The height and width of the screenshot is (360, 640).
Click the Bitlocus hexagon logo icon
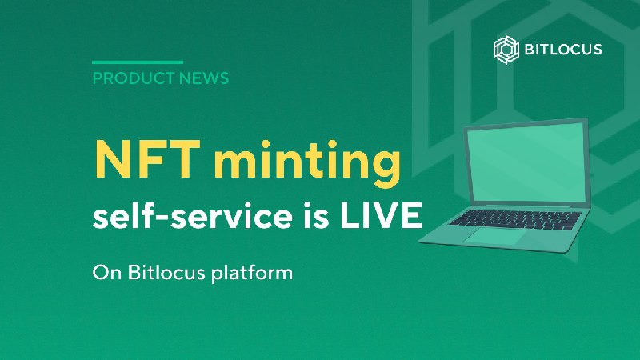click(x=506, y=50)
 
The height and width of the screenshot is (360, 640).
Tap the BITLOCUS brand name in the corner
click(x=563, y=50)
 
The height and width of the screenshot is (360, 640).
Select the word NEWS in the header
click(x=204, y=78)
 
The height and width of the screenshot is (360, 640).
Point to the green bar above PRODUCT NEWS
click(x=138, y=62)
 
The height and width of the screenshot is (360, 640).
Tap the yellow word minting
click(x=307, y=163)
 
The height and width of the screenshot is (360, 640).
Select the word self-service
click(x=192, y=215)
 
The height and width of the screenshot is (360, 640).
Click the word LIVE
click(x=382, y=215)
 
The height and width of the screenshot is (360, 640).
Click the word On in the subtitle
click(x=107, y=273)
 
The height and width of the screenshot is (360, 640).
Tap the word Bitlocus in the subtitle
click(x=166, y=272)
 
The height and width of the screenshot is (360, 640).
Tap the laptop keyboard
click(x=516, y=219)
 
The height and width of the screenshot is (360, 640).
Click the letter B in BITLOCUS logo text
click(x=529, y=50)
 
